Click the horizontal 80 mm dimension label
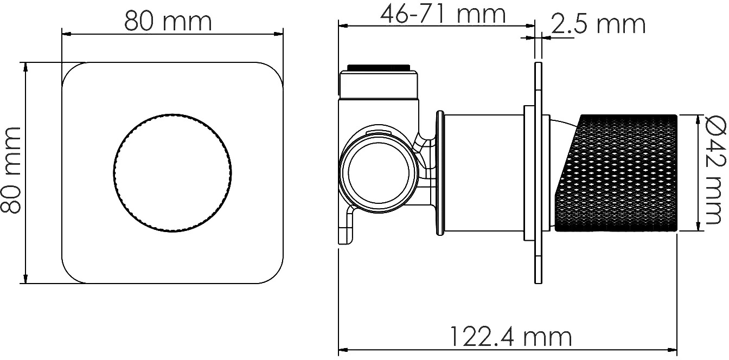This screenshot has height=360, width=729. [168, 22]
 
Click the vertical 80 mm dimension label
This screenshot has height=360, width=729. [11, 170]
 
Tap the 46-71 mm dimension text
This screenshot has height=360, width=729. [443, 14]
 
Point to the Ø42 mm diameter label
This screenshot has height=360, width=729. [716, 171]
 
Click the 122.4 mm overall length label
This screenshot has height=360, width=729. [511, 337]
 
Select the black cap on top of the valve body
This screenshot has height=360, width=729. [379, 68]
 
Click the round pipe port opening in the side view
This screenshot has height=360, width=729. [379, 173]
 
